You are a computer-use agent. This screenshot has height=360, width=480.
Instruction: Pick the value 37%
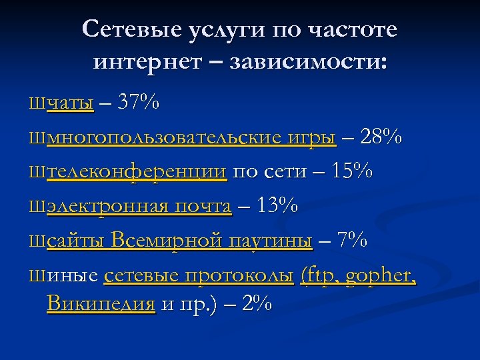click(x=138, y=103)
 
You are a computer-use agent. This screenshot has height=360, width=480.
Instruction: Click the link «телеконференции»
click(x=137, y=172)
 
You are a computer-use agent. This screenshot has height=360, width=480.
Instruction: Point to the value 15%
click(x=351, y=171)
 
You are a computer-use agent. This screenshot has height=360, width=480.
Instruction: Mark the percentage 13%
click(x=276, y=206)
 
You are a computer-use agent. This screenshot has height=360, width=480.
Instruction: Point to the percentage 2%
click(x=257, y=304)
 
